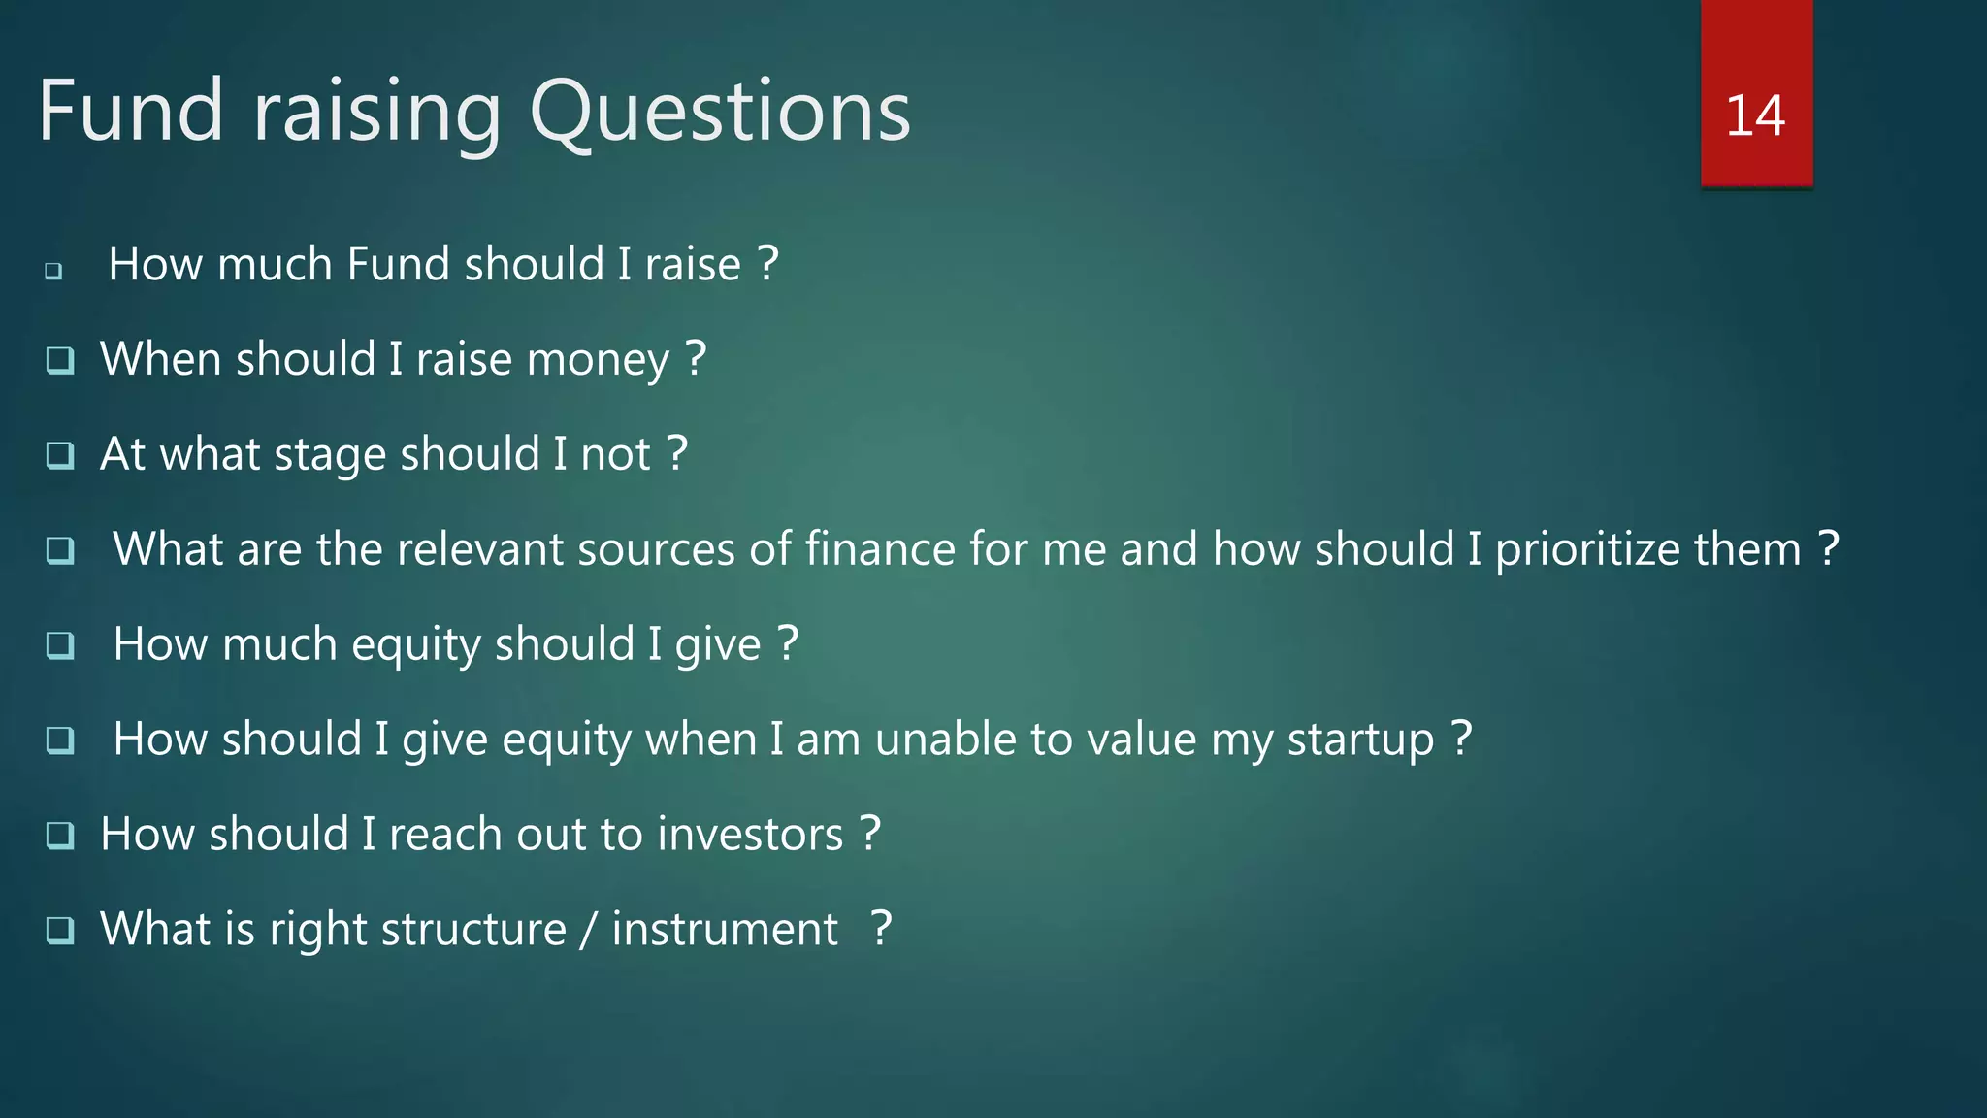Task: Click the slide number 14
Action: coord(1755,115)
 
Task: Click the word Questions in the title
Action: coord(719,112)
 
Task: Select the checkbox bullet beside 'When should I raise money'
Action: coord(60,360)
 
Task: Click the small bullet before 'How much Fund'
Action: coord(53,271)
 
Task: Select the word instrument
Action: coord(724,930)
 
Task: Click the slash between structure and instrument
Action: coord(588,930)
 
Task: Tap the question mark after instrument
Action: coord(880,929)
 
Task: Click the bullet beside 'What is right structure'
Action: coord(60,930)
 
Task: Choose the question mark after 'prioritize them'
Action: coord(1828,549)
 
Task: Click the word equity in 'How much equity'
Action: coord(415,645)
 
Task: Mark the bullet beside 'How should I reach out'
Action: coord(60,835)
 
